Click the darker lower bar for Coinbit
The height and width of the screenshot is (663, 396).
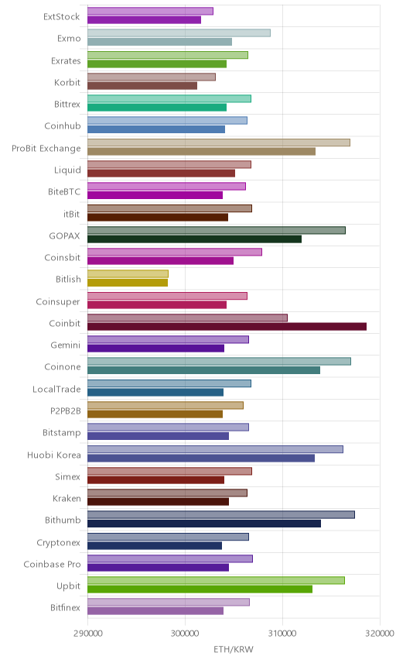pyautogui.click(x=227, y=326)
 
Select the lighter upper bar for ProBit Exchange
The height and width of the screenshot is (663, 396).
pyautogui.click(x=219, y=143)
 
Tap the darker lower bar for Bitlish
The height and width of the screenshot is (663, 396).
pyautogui.click(x=128, y=283)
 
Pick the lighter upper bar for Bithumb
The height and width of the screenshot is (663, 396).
pyautogui.click(x=220, y=514)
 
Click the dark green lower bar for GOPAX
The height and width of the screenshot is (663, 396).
pyautogui.click(x=194, y=239)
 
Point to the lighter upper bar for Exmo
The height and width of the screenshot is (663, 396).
pyautogui.click(x=179, y=33)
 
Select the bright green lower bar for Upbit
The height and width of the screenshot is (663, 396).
pyautogui.click(x=200, y=589)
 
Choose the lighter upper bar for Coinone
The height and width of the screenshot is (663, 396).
pyautogui.click(x=219, y=361)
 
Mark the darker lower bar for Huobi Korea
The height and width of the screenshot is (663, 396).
pyautogui.click(x=201, y=458)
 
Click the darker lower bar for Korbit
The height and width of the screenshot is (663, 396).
pyautogui.click(x=142, y=86)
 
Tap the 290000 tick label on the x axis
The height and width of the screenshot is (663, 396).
pyautogui.click(x=87, y=634)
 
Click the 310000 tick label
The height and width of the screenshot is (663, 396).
pyautogui.click(x=282, y=634)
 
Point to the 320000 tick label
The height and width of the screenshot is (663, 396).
pyautogui.click(x=380, y=634)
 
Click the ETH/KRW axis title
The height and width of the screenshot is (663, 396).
pyautogui.click(x=234, y=649)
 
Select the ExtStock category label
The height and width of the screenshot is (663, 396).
pyautogui.click(x=62, y=16)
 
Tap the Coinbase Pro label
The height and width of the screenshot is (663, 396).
pyautogui.click(x=52, y=564)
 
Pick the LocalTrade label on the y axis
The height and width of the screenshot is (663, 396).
pyautogui.click(x=56, y=389)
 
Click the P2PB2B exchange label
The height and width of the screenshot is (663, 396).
pyautogui.click(x=66, y=411)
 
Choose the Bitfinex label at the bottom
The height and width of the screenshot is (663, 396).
pyautogui.click(x=65, y=607)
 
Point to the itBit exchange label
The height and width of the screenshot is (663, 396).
pyautogui.click(x=71, y=214)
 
